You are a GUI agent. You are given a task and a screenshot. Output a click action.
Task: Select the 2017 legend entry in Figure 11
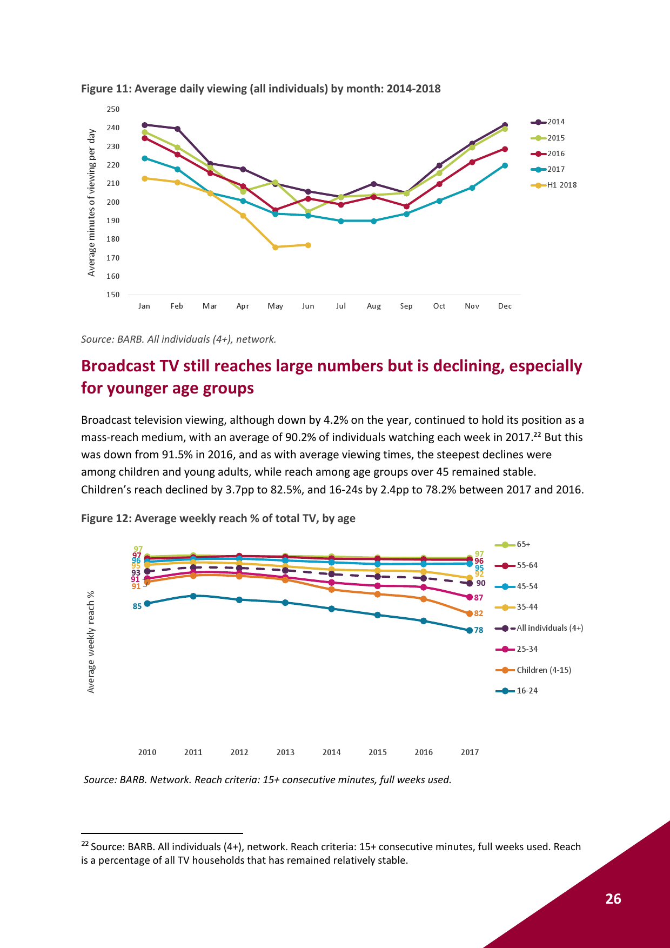(547, 169)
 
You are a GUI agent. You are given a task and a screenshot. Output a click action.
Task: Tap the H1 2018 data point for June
(308, 245)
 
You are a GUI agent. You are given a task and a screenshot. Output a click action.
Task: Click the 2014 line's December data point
(505, 125)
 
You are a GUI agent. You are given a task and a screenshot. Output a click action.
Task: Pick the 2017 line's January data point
(144, 158)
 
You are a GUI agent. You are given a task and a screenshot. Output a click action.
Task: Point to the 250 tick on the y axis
(113, 109)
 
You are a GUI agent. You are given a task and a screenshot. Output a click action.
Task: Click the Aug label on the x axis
(374, 306)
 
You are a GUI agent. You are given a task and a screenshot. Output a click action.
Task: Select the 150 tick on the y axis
(113, 295)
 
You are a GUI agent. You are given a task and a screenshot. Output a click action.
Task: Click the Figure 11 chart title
(261, 89)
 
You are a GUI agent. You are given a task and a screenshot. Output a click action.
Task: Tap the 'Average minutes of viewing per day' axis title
(91, 203)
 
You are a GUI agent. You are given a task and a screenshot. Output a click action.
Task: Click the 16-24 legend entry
(517, 691)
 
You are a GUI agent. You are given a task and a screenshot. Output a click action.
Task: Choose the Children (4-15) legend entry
(533, 670)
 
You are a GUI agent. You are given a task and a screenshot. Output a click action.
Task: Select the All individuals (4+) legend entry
(539, 628)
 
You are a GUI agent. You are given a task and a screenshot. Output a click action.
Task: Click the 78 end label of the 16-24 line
(479, 630)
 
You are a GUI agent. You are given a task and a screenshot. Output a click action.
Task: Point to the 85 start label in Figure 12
(137, 606)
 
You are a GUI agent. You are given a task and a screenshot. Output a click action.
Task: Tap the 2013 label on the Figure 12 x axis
(285, 752)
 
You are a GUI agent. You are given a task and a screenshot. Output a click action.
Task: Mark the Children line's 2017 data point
(470, 613)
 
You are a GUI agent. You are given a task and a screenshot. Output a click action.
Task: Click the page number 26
(613, 899)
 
